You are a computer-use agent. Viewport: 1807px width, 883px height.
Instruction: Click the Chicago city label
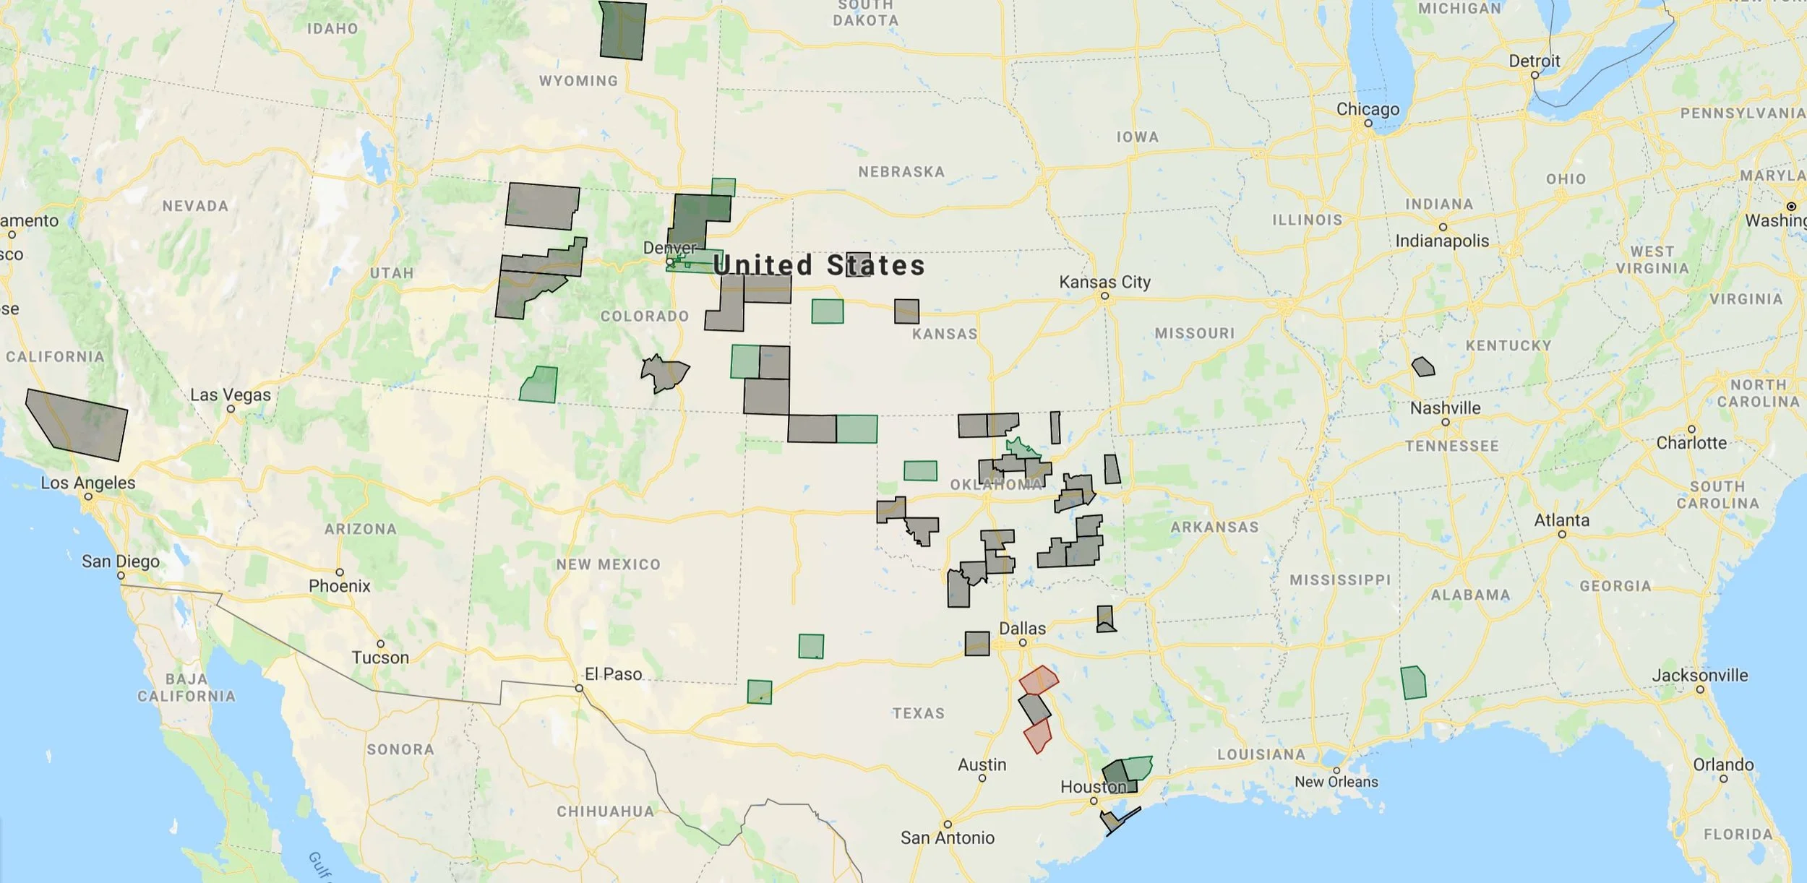(1368, 109)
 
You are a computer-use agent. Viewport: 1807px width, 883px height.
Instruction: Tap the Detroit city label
(1534, 61)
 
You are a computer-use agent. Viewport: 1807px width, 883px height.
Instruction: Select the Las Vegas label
(231, 395)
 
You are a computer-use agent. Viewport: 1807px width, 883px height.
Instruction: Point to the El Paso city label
(613, 674)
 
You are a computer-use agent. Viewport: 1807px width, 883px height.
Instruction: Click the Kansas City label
(1104, 282)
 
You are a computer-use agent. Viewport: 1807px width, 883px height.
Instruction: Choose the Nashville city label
(1445, 408)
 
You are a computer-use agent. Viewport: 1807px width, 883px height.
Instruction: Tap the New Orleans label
(1336, 782)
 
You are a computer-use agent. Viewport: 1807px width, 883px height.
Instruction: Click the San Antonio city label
(947, 837)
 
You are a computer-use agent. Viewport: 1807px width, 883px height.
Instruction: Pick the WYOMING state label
(578, 81)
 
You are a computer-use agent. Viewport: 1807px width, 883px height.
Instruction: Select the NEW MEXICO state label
(608, 564)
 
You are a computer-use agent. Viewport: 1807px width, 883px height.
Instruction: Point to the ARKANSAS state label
(1214, 527)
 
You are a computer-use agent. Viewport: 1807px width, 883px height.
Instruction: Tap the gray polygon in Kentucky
(1423, 367)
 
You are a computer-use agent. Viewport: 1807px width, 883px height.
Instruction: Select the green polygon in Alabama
(1413, 683)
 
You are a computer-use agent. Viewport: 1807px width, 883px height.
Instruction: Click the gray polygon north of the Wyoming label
(622, 30)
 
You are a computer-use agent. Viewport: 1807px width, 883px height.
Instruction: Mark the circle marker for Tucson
(380, 644)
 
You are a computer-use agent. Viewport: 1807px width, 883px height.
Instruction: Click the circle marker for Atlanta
(1562, 534)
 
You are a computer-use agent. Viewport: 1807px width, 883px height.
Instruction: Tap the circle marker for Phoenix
(340, 572)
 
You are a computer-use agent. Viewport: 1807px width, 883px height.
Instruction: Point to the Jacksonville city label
(1699, 676)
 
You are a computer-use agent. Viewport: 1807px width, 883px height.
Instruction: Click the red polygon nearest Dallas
(1039, 680)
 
